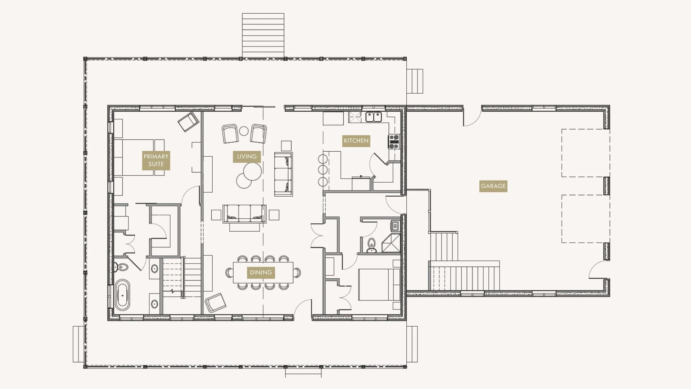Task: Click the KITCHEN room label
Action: click(356, 140)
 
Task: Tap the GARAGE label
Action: click(493, 186)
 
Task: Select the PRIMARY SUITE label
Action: click(156, 160)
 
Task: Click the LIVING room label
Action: click(247, 156)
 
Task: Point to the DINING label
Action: click(261, 272)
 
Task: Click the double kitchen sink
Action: click(374, 117)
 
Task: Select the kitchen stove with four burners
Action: click(394, 141)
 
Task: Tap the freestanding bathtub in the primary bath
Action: click(122, 295)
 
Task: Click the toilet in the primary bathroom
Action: click(121, 267)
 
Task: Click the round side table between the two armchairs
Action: click(244, 130)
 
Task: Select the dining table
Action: click(263, 273)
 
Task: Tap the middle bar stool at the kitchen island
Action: click(323, 170)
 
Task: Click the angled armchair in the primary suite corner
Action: click(189, 121)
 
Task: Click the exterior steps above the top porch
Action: click(263, 35)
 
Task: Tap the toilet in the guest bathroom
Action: click(371, 245)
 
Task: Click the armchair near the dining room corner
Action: click(215, 302)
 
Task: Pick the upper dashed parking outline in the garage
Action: click(585, 153)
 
